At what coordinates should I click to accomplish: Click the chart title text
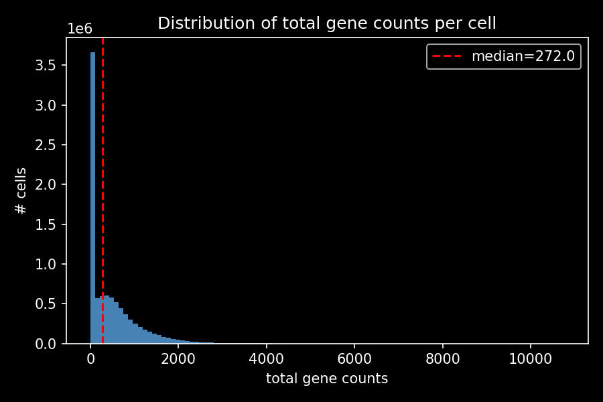click(x=327, y=23)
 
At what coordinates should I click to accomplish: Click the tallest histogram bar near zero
click(x=93, y=201)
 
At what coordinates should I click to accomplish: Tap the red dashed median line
click(x=103, y=167)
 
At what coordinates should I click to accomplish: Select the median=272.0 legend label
click(x=523, y=56)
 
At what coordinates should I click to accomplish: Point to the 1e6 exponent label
click(x=79, y=29)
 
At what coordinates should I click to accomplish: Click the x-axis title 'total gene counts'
click(x=327, y=379)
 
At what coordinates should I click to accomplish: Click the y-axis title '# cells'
click(x=21, y=191)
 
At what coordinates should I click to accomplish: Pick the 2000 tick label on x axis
click(x=178, y=358)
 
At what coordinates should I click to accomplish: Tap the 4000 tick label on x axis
click(x=267, y=358)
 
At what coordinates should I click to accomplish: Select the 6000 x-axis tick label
click(x=354, y=358)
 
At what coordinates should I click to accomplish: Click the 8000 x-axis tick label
click(x=443, y=358)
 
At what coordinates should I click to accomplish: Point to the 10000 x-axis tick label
click(x=531, y=358)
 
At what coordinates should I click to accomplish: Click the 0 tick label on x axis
click(x=90, y=358)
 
